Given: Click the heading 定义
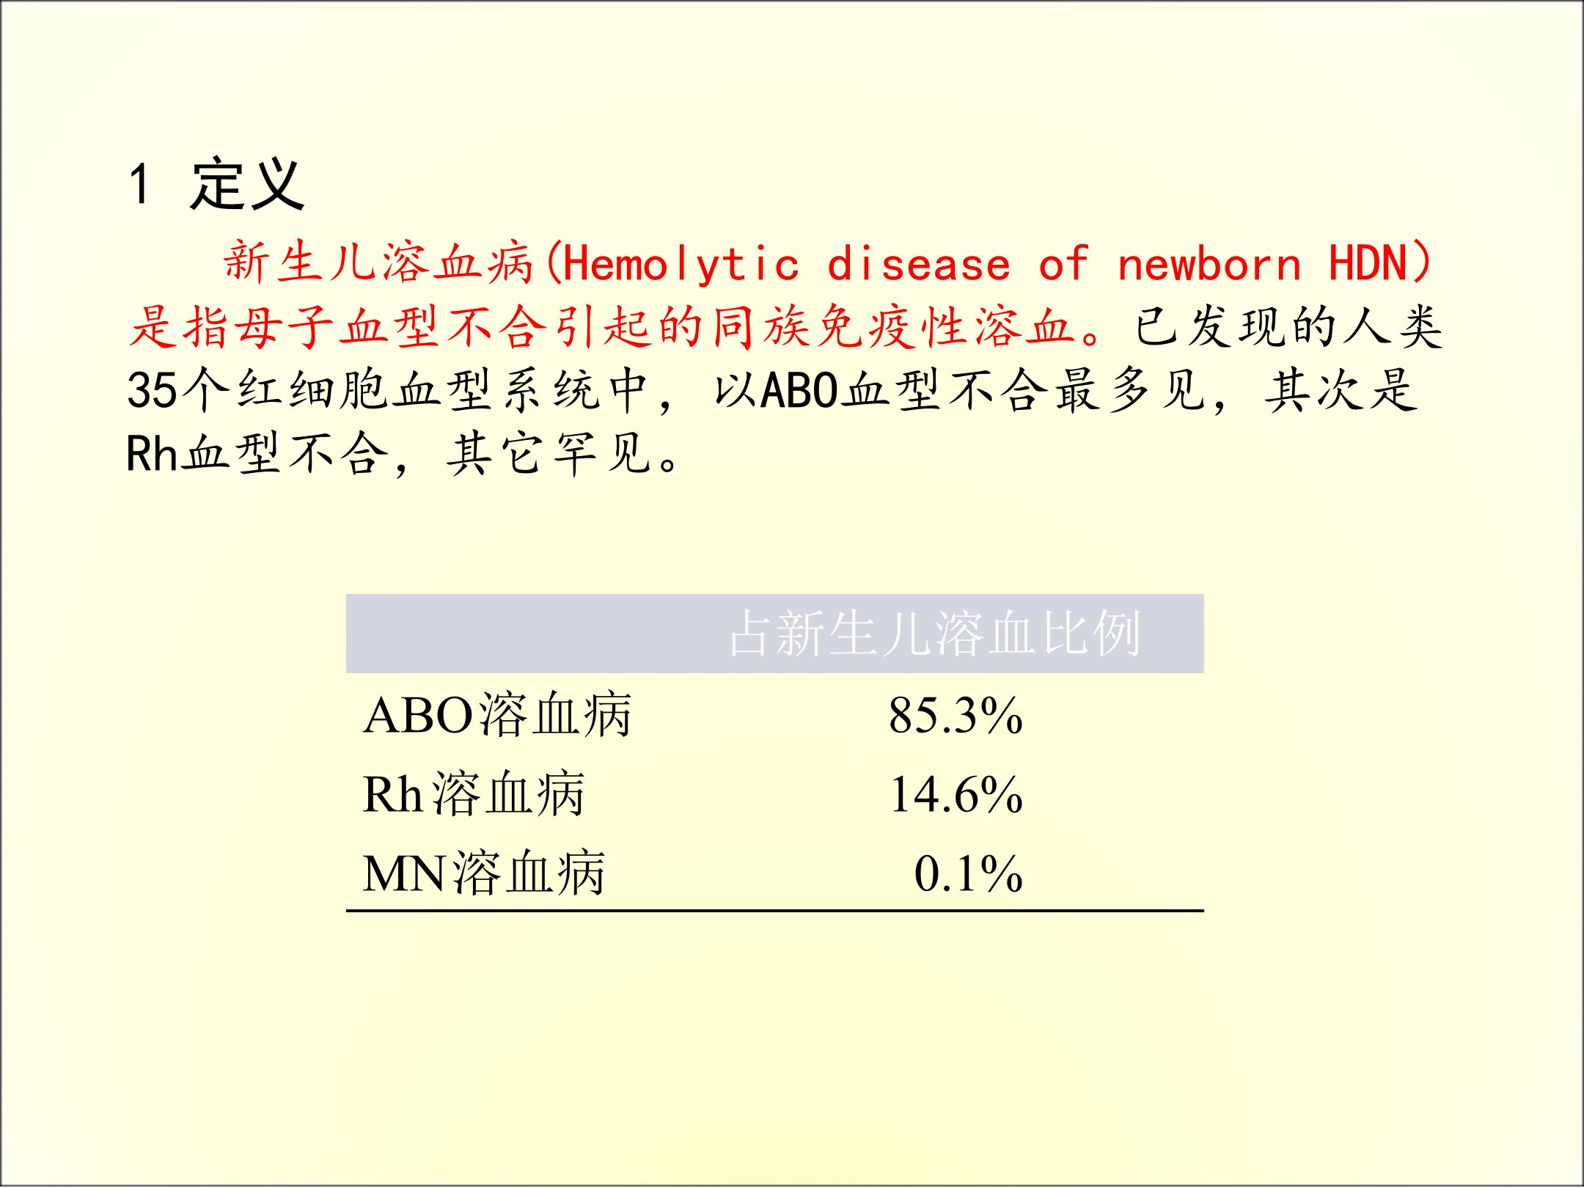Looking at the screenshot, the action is (x=247, y=184).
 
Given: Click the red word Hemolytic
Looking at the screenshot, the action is (x=681, y=264).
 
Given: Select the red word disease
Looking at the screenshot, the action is (x=918, y=264).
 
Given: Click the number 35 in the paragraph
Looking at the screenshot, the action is (x=153, y=389).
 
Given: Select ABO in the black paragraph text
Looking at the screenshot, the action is (x=800, y=389).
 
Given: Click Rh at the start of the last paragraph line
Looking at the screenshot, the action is (x=153, y=453).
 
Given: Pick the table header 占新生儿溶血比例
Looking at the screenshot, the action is (x=935, y=633).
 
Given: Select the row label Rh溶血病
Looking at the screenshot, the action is (x=474, y=794).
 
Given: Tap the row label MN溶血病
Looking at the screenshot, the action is (x=484, y=873).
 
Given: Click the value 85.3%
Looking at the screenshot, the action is (x=956, y=716).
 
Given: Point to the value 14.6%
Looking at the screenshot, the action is (x=956, y=795).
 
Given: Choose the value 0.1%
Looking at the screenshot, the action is (x=968, y=874).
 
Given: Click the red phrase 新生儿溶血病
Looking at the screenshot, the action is (x=378, y=263).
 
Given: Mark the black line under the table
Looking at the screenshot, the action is (x=775, y=911).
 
